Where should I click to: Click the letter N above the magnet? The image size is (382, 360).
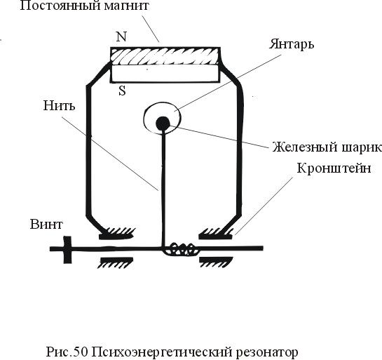pyautogui.click(x=121, y=36)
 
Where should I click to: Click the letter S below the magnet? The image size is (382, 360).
pyautogui.click(x=122, y=91)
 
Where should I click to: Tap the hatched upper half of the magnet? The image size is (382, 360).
pyautogui.click(x=165, y=56)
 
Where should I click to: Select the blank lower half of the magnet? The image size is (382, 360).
pyautogui.click(x=165, y=74)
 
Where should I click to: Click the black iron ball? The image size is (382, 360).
pyautogui.click(x=163, y=124)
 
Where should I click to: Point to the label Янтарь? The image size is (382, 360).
pyautogui.click(x=292, y=44)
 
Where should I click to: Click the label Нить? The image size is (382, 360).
pyautogui.click(x=59, y=106)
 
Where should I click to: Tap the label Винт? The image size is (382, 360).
pyautogui.click(x=46, y=224)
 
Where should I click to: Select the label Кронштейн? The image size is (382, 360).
pyautogui.click(x=334, y=168)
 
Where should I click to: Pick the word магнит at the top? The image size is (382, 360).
pyautogui.click(x=126, y=6)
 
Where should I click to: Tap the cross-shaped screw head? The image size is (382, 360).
pyautogui.click(x=67, y=250)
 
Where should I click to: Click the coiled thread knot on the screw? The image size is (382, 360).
pyautogui.click(x=180, y=249)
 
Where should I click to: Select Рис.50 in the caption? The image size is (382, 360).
pyautogui.click(x=67, y=352)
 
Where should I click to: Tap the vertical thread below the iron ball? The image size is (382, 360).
pyautogui.click(x=163, y=188)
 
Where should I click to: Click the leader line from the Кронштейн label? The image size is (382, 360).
pyautogui.click(x=264, y=206)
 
